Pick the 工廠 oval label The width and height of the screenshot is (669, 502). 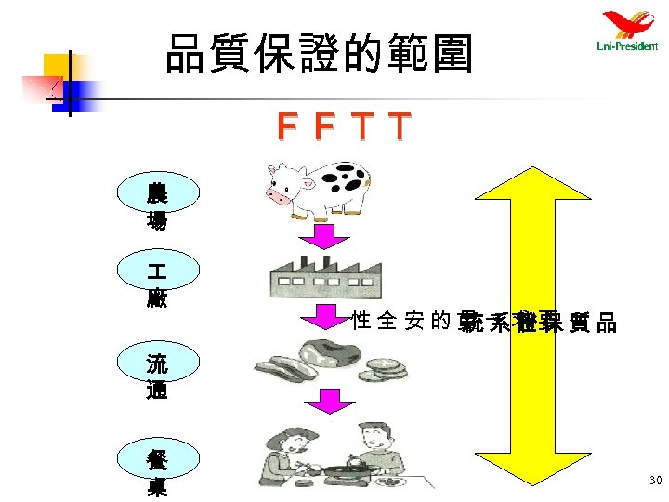156,284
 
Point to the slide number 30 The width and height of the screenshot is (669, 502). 655,481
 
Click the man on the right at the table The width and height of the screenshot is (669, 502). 377,451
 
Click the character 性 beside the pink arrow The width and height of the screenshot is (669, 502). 362,323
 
